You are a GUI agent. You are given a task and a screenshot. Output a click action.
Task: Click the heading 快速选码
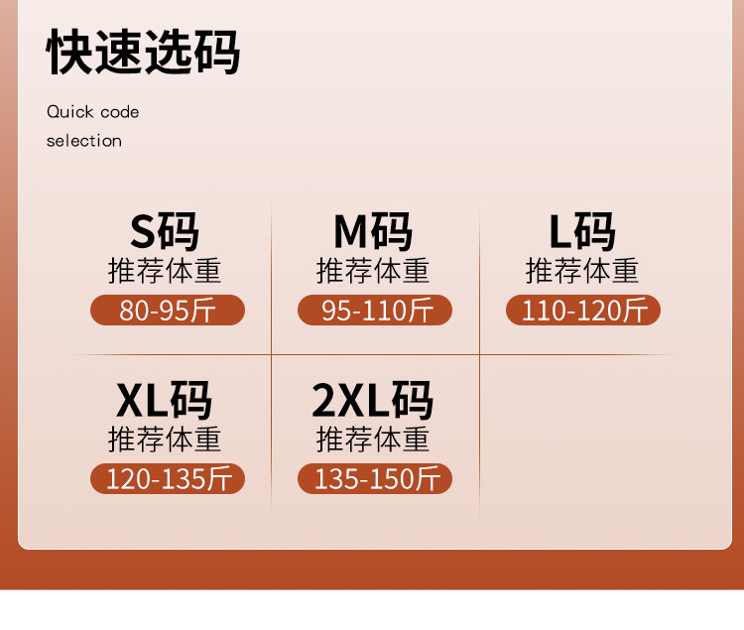[143, 54]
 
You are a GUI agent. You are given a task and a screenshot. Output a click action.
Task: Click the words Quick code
[93, 112]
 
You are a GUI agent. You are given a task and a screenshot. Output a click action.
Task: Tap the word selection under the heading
[84, 141]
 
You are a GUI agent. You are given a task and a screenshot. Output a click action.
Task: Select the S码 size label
[165, 232]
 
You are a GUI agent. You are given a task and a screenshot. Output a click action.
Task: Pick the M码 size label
[373, 232]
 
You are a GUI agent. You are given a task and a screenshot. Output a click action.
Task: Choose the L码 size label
[582, 232]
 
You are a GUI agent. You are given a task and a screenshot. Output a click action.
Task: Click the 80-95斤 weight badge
[167, 311]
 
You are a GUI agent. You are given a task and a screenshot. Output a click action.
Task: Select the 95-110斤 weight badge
[375, 311]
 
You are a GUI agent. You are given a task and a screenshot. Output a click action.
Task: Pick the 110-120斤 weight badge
[583, 311]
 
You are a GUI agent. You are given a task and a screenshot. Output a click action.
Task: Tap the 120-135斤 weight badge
[167, 479]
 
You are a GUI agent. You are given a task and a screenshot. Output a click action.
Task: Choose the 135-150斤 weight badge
[375, 479]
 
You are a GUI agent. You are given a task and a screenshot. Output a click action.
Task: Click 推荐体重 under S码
[165, 271]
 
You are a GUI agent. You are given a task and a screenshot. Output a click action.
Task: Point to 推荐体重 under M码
[373, 271]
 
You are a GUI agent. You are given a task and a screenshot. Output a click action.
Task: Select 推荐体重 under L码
[582, 271]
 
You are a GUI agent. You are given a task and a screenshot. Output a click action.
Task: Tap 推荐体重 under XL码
[165, 440]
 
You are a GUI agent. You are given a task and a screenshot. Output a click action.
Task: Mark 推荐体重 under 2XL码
[373, 440]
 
